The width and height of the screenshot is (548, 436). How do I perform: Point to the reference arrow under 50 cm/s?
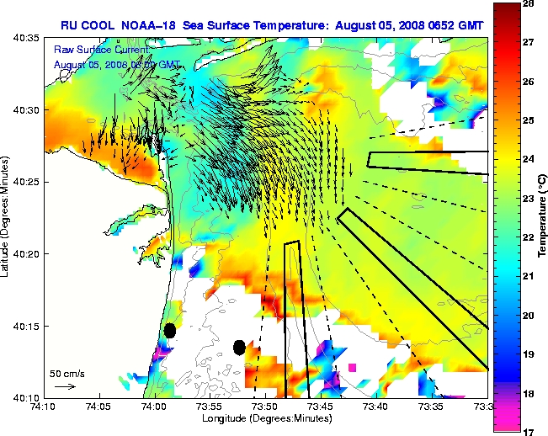(65, 386)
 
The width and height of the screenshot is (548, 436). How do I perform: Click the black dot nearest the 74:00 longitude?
(170, 331)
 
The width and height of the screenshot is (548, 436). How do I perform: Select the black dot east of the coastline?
(240, 347)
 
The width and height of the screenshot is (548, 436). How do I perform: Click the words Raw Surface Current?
(93, 50)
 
